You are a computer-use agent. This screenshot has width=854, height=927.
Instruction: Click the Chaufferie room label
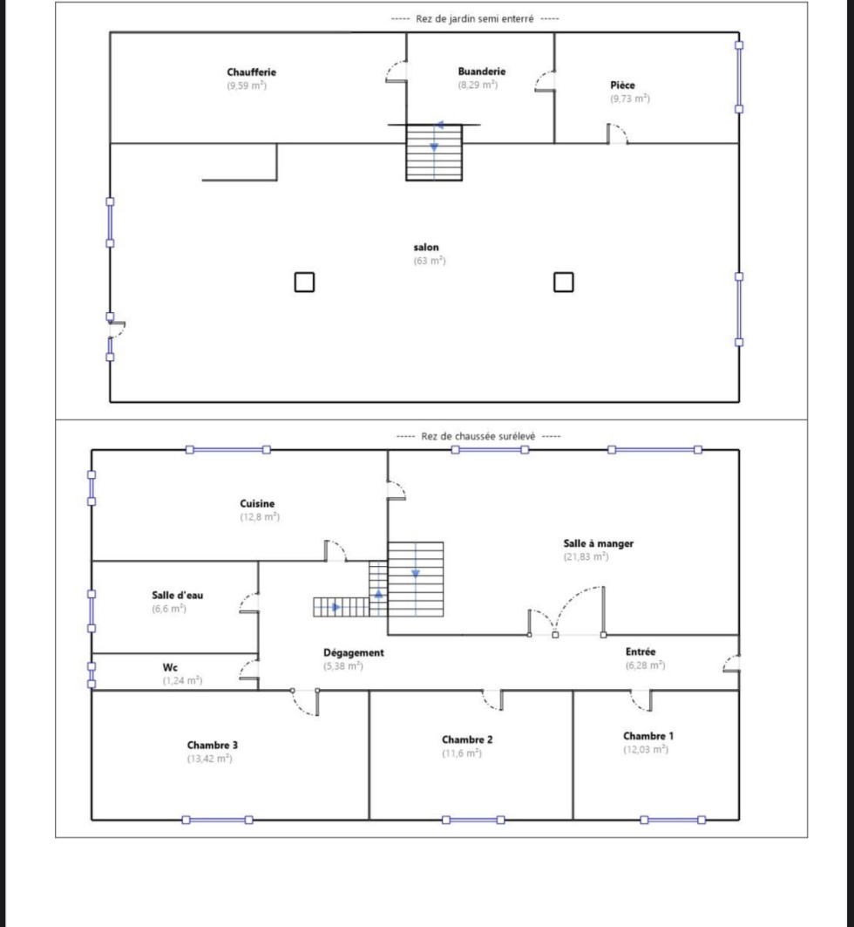point(251,72)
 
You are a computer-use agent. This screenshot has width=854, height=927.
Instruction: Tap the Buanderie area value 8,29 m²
point(478,85)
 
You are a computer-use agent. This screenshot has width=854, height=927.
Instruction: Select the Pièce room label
point(622,85)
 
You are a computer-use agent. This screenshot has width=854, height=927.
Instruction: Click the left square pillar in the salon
point(304,282)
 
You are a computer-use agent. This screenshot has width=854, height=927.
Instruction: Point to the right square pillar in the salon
point(564,282)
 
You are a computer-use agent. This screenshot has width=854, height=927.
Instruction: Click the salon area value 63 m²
point(430,261)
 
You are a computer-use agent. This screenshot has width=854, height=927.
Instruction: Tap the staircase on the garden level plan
point(434,152)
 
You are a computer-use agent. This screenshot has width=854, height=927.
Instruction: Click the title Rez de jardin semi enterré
point(475,19)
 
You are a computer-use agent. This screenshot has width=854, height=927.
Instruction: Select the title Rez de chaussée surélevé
point(478,436)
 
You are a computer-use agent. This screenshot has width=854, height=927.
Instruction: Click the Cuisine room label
point(257,504)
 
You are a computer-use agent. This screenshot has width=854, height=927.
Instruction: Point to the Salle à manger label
point(599,543)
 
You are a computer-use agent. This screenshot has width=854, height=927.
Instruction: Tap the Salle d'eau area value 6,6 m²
point(169,609)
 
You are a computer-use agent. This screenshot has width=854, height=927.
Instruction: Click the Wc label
point(170,667)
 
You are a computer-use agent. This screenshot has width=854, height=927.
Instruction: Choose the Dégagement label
point(354,652)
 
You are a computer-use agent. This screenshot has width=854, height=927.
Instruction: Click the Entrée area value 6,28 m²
point(646,665)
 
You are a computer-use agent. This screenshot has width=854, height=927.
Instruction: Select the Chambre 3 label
point(213,745)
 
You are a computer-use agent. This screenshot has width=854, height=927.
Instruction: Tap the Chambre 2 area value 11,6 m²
point(462,753)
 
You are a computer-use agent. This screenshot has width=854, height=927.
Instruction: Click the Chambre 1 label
point(648,736)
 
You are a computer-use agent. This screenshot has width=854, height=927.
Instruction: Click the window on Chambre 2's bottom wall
point(473,820)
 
